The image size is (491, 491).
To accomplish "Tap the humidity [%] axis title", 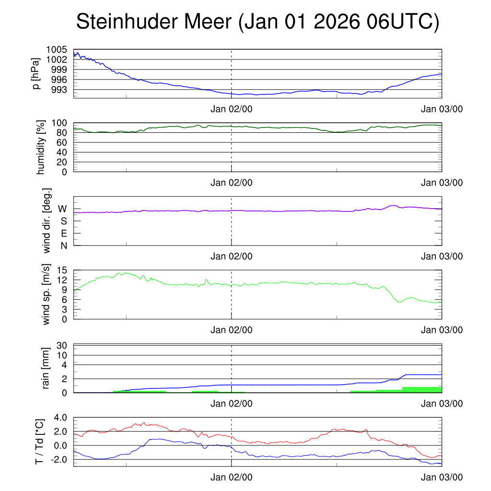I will click(x=40, y=147).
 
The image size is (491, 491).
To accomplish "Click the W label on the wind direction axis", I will click(x=62, y=209).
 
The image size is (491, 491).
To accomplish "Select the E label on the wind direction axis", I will click(x=64, y=234).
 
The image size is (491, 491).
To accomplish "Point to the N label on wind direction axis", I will click(x=63, y=246).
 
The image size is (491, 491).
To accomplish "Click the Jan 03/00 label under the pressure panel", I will click(x=442, y=109).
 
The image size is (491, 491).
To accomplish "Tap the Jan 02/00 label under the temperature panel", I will click(x=232, y=477).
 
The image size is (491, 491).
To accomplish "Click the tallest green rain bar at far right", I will click(x=422, y=389).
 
